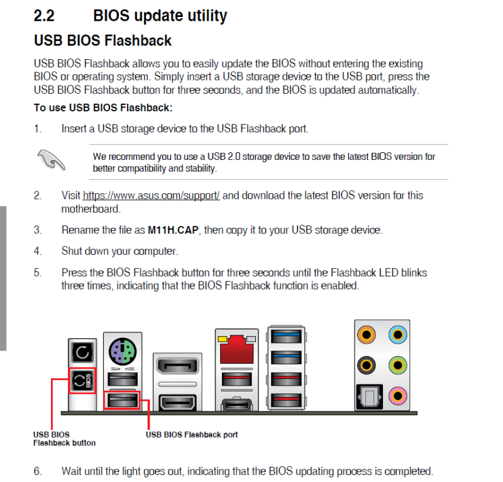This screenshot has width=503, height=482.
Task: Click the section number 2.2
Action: tap(44, 15)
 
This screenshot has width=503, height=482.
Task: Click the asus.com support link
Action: tap(151, 196)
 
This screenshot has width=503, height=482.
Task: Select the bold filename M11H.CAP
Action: tap(173, 230)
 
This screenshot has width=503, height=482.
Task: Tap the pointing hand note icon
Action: tap(51, 160)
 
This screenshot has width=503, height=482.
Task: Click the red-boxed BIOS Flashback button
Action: tap(82, 381)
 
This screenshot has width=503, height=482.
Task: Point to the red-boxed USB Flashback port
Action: tap(122, 400)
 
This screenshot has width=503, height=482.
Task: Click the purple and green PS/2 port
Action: tap(123, 351)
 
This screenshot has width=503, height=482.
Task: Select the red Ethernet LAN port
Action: tap(237, 349)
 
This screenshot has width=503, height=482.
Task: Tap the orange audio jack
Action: tap(367, 335)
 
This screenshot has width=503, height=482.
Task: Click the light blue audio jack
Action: tap(398, 335)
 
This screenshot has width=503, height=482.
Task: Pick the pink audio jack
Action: tap(398, 396)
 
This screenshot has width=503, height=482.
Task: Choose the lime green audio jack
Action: tap(398, 365)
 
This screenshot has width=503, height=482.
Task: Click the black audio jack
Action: tap(367, 365)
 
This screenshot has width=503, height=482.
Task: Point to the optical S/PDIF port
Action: tap(369, 397)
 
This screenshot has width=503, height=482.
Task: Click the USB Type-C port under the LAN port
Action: tap(237, 405)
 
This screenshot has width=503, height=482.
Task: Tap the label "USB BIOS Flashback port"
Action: tap(192, 434)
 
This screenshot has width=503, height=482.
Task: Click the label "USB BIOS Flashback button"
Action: tap(65, 439)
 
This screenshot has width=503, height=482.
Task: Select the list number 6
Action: tap(38, 471)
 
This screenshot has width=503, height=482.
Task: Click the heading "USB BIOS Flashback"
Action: tap(102, 40)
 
